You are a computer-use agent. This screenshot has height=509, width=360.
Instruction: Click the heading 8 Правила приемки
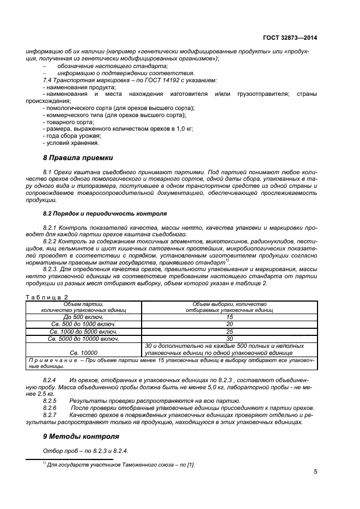click(x=78, y=158)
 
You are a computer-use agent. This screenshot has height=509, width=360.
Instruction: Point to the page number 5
click(x=315, y=472)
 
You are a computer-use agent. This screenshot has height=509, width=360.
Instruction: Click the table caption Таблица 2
click(x=47, y=296)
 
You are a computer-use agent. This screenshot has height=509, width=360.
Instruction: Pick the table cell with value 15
click(x=229, y=316)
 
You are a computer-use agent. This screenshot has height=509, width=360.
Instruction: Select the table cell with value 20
click(x=229, y=324)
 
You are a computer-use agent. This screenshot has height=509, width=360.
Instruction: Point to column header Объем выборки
click(x=229, y=305)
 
